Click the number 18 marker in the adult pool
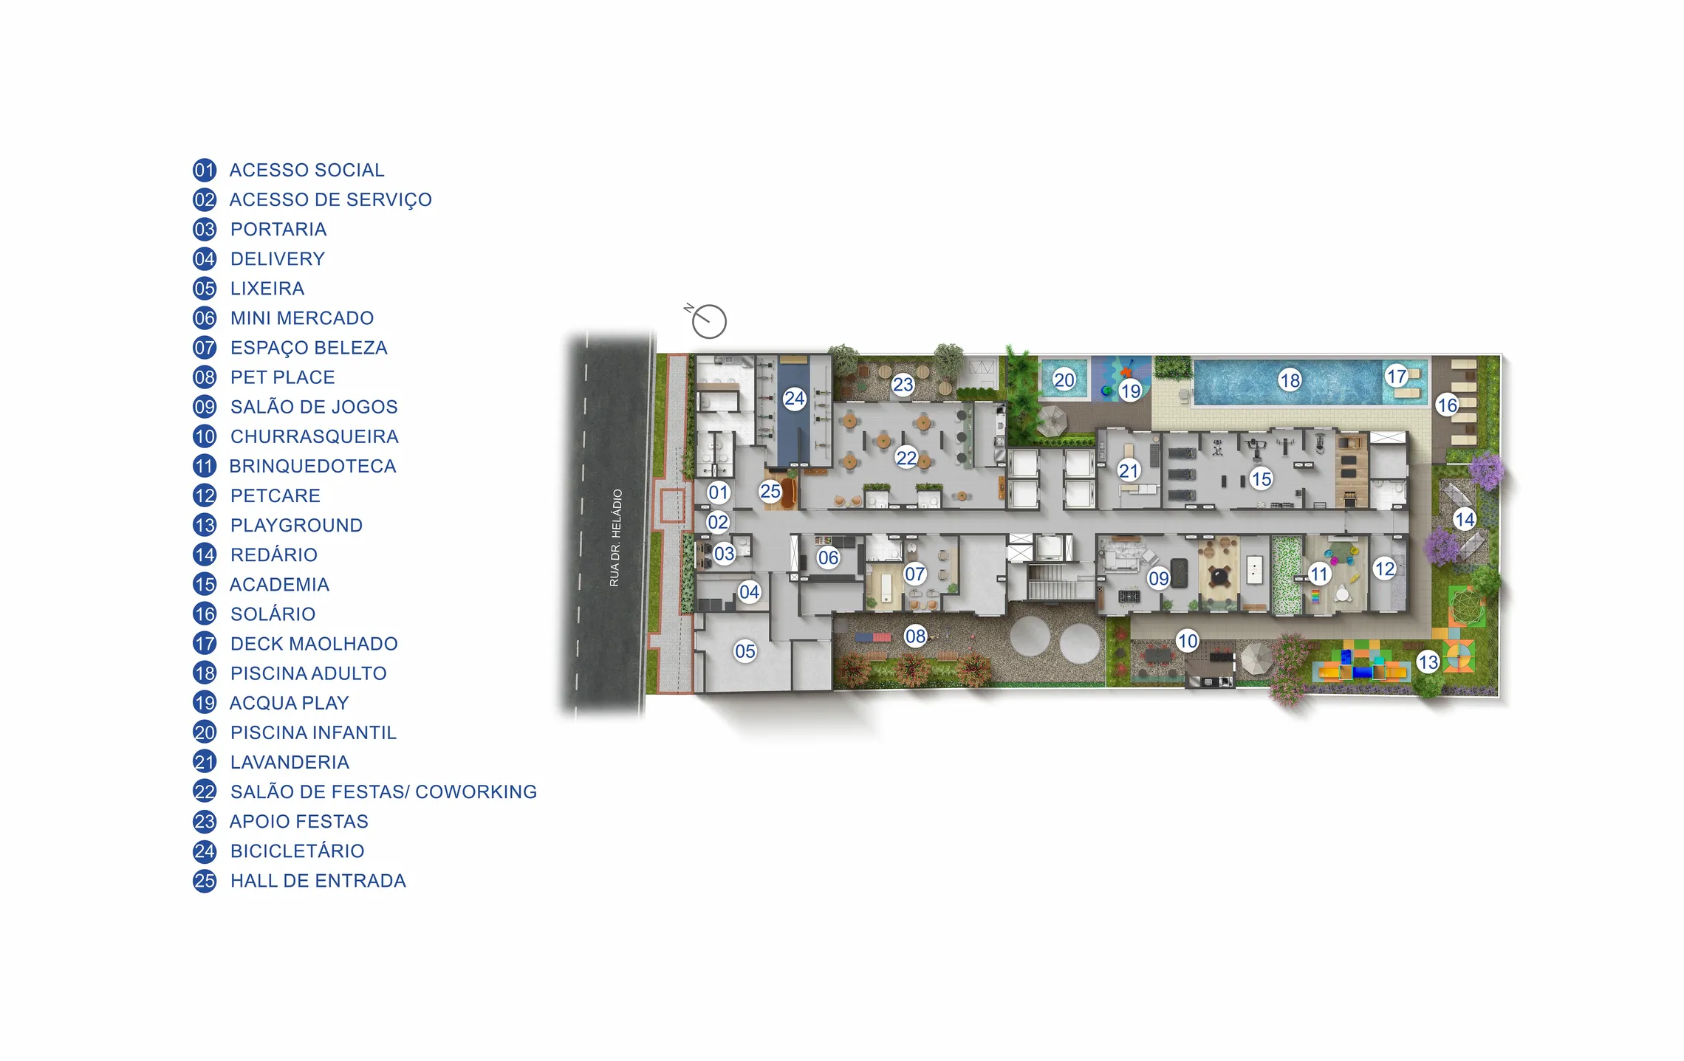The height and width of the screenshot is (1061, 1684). pos(1290,380)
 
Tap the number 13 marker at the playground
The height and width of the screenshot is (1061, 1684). pos(1428,662)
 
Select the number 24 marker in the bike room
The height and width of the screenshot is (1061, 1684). pos(794,399)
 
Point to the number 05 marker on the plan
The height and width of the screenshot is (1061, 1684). pos(745,651)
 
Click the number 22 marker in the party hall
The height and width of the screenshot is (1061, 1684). pos(906,458)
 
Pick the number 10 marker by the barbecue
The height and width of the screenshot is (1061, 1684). pos(1187,640)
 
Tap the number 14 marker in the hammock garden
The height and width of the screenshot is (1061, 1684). pos(1464,519)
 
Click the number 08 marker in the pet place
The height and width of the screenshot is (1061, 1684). pos(915,636)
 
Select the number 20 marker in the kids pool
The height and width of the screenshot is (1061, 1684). pos(1064,380)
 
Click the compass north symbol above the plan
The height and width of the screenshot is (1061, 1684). pos(708,320)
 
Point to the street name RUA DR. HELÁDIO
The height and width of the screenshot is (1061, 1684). pos(615,538)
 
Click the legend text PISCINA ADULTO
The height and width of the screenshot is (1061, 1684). pos(308,673)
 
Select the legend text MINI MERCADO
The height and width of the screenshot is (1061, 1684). pos(301,318)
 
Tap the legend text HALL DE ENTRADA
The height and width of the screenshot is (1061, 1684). pos(318,881)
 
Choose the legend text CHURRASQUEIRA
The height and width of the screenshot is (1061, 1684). pos(314,436)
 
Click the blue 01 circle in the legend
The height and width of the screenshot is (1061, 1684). pos(205,171)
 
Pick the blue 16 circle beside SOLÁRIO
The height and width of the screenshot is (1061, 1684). pos(205,614)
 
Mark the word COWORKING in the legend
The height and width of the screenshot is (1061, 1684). pos(476,792)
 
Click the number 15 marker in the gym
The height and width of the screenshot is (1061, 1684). pos(1261,479)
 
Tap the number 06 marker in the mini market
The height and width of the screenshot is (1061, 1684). pos(828,558)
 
